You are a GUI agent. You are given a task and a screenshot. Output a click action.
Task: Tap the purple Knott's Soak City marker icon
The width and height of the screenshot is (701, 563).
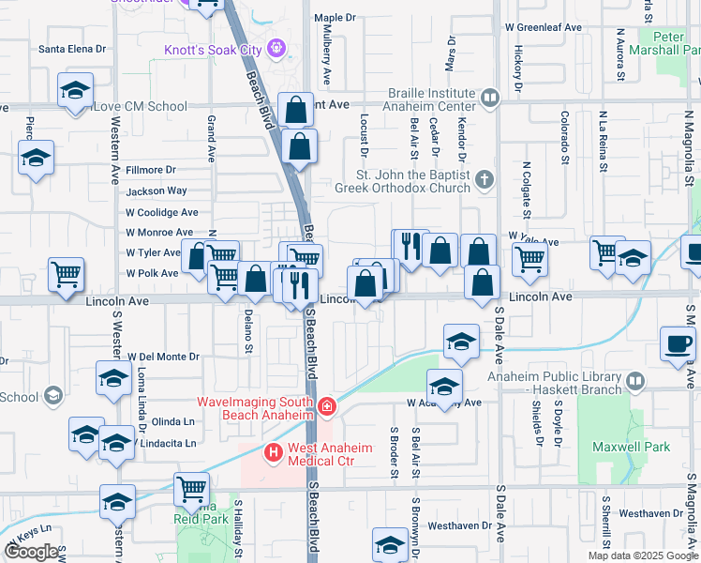click(276, 47)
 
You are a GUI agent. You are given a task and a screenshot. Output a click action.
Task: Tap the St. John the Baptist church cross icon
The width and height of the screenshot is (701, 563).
click(484, 179)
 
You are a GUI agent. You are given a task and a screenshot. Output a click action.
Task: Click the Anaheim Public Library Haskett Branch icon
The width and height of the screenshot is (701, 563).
click(635, 382)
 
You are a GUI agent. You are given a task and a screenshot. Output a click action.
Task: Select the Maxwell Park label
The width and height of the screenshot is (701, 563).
click(637, 447)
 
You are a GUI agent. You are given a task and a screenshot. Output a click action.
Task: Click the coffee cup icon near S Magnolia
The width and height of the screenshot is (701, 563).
click(677, 342)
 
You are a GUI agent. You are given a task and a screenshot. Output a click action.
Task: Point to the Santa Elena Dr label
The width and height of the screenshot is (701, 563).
click(71, 48)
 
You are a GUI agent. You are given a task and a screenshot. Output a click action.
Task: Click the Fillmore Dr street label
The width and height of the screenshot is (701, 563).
click(151, 170)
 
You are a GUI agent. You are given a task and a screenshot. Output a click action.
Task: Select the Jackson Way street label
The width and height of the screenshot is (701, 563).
click(157, 191)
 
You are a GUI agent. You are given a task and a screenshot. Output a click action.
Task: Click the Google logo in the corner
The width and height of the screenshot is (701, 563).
click(32, 552)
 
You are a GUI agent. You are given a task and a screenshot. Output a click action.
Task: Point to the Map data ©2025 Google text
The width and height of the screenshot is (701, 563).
click(642, 555)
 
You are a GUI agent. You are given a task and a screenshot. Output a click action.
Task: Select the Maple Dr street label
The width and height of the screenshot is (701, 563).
click(336, 17)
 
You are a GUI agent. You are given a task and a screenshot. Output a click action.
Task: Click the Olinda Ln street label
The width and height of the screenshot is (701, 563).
click(172, 421)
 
